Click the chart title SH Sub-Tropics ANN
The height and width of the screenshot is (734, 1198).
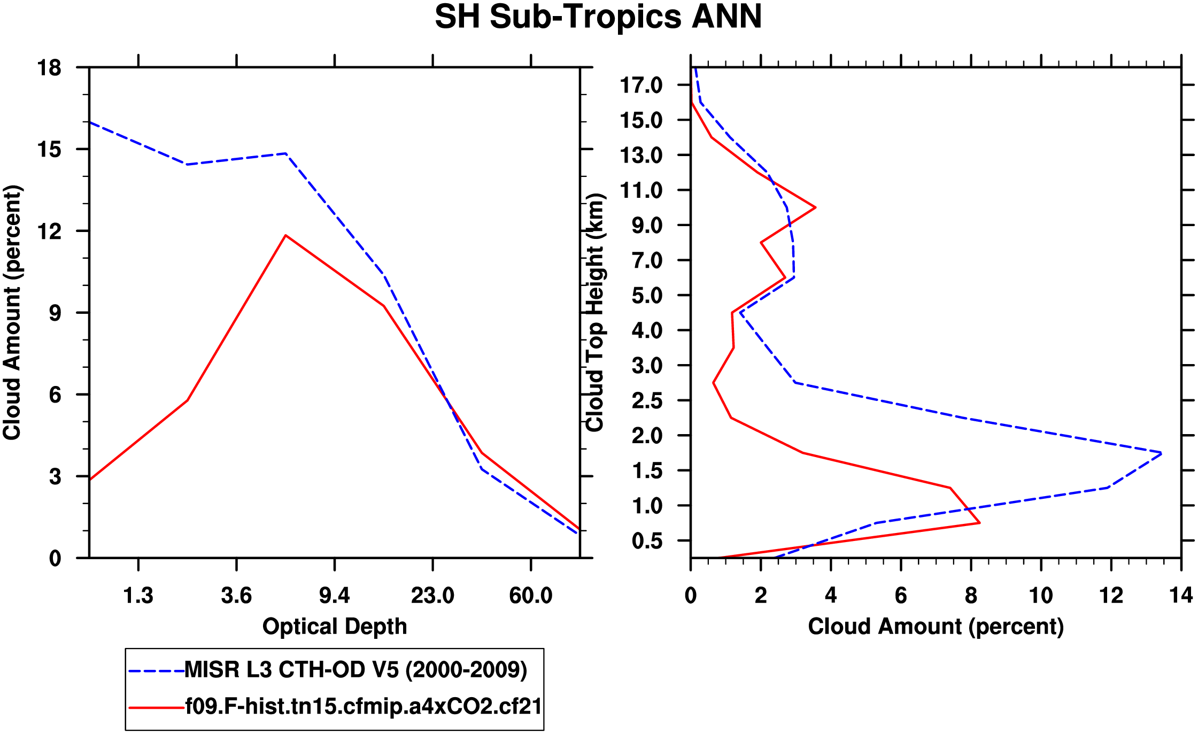pos(598,17)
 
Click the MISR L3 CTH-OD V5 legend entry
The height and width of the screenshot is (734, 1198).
pos(355,670)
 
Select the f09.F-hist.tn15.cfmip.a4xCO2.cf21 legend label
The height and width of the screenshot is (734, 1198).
pos(364,707)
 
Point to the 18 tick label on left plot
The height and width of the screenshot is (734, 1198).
pos(49,68)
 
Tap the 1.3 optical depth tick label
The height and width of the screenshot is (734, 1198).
pos(138,596)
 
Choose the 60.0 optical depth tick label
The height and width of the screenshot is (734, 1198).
pos(530,596)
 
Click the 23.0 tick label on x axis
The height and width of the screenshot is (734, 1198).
pos(432,596)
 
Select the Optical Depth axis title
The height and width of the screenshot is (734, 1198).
pos(335,627)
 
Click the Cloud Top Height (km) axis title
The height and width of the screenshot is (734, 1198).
pos(595,312)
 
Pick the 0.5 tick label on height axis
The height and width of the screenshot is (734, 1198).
pos(647,541)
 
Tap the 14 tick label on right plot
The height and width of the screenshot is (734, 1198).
pos(1180,596)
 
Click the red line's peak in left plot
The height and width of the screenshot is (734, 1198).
pos(286,235)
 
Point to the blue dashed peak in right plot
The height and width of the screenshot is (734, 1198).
pos(1161,453)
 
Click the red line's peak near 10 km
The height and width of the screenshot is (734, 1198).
pos(815,207)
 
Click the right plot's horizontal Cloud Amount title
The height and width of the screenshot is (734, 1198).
pos(936,627)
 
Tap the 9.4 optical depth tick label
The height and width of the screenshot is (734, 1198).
pos(334,596)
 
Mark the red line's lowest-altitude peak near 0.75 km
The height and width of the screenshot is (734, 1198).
pos(979,523)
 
